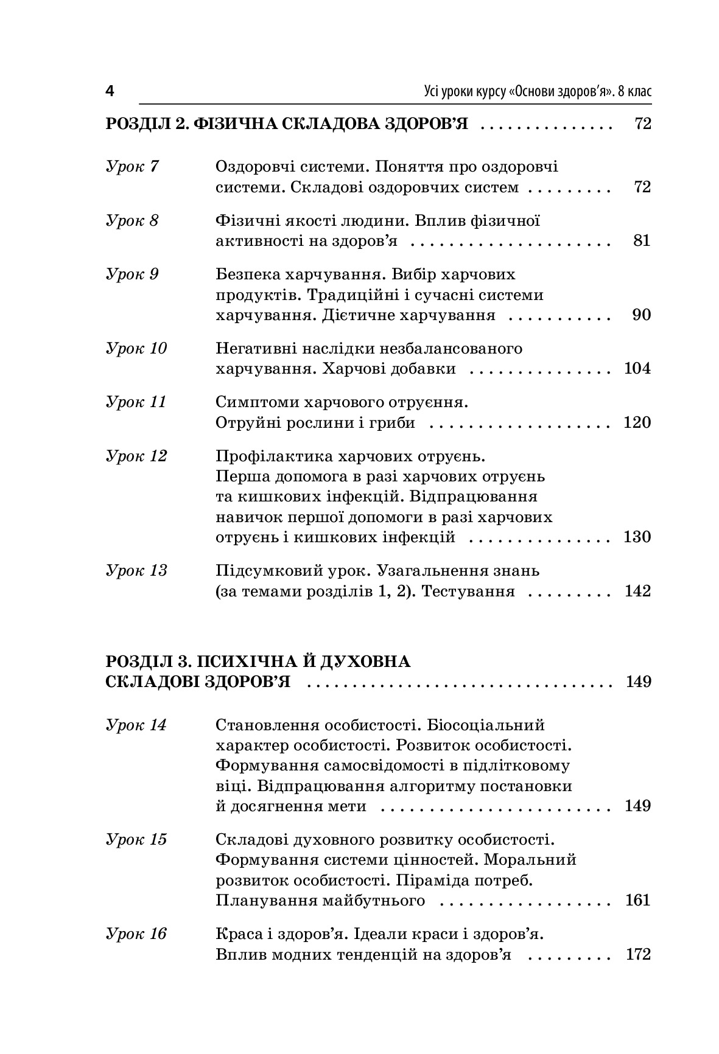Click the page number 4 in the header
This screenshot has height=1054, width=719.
pos(110,92)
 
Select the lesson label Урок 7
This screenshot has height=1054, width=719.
pos(132,166)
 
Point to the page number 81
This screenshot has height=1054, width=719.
pos(642,240)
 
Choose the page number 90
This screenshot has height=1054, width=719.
pos(642,315)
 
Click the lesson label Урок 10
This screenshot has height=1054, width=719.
pos(136,349)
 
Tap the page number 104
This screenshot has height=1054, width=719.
pos(637,368)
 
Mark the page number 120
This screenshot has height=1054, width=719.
pos(637,422)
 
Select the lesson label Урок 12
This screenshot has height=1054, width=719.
pos(136,456)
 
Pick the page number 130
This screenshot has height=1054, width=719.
pos(637,537)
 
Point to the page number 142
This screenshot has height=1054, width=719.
pos(637,591)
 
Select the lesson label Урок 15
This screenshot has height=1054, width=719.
pos(136,840)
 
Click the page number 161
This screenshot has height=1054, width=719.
pos(637,900)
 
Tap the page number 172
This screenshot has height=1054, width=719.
pos(637,954)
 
